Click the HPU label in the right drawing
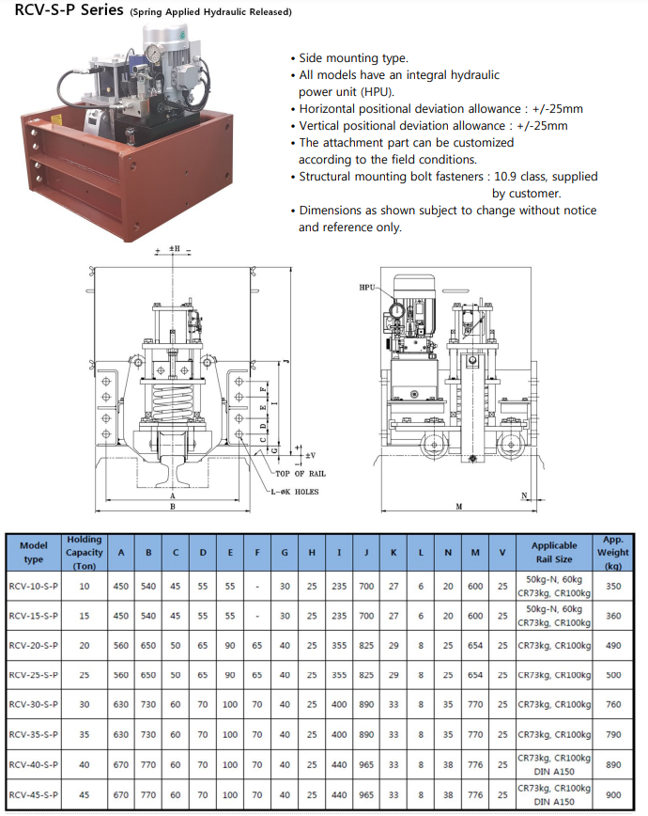tap(367, 287)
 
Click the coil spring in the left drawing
tap(173, 405)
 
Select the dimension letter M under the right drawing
tap(459, 507)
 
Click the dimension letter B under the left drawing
tap(173, 507)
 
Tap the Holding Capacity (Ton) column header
tap(85, 553)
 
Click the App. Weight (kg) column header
tap(613, 553)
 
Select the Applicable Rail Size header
tap(554, 553)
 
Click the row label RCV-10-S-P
tap(34, 586)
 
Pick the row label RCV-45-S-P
tap(34, 795)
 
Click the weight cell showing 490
tap(613, 646)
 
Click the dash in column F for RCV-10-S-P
tap(257, 586)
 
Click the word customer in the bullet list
tap(526, 193)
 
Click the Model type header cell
tap(34, 553)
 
